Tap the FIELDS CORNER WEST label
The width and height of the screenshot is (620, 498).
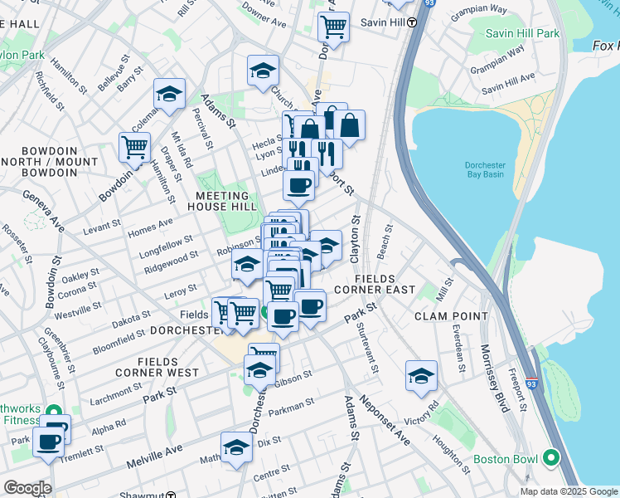point(168,367)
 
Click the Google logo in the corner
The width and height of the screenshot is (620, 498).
point(27,488)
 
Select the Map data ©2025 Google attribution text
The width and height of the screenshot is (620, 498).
point(568,491)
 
